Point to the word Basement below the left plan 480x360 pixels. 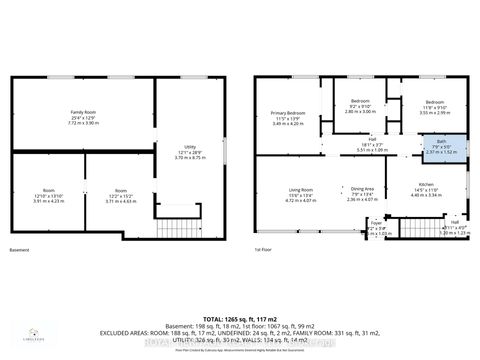coord(19,249)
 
